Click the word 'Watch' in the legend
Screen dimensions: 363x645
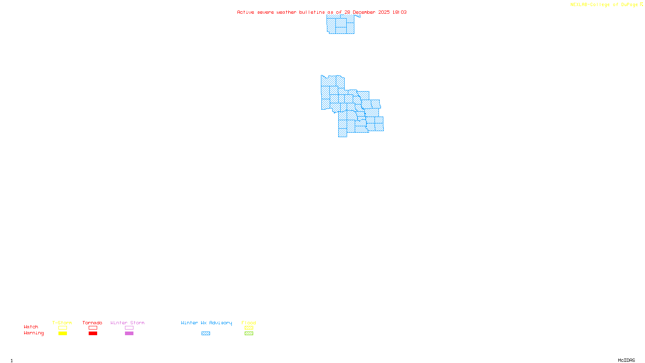tap(31, 327)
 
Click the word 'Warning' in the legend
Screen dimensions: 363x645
tap(33, 333)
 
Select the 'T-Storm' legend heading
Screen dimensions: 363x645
tap(62, 323)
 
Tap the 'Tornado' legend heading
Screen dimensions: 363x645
tap(92, 323)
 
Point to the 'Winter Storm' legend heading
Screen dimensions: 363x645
tap(127, 323)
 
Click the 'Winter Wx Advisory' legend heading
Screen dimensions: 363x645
tap(206, 323)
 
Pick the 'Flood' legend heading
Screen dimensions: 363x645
tap(249, 323)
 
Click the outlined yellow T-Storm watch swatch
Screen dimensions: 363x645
tap(62, 328)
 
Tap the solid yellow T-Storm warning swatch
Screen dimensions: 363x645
tap(62, 334)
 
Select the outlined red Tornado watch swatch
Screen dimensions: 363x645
tap(93, 328)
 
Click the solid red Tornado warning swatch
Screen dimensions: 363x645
tap(93, 334)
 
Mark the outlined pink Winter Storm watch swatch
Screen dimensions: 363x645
tap(129, 328)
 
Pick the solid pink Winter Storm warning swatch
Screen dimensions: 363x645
tap(129, 334)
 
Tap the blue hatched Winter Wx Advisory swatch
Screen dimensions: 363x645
tap(206, 334)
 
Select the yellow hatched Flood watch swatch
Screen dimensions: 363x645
tap(249, 328)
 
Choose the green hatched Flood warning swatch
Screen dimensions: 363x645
tap(249, 334)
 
